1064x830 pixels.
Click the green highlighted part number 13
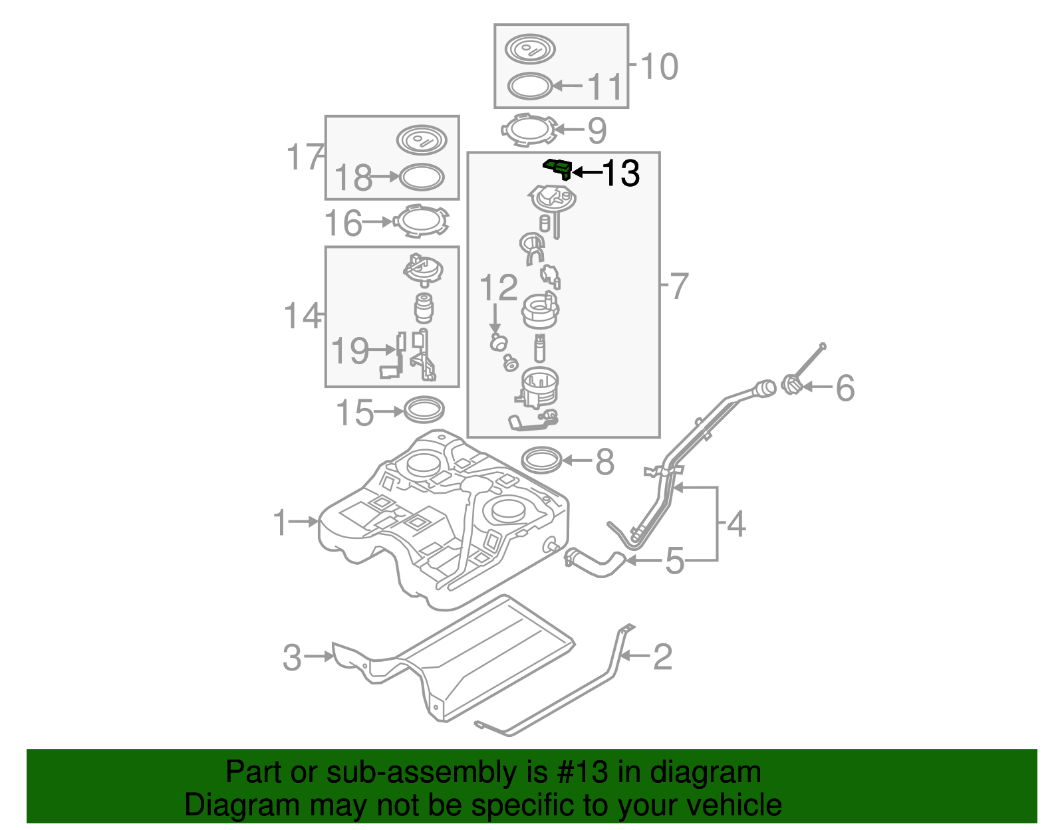558,168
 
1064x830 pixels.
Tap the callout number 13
620,173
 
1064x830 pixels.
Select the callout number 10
659,66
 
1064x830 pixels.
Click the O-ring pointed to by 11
530,86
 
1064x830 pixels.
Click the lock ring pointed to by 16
421,222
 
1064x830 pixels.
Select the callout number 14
301,316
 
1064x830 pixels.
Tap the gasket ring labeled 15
424,409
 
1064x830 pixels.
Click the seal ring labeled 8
541,460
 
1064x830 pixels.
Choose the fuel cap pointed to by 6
791,385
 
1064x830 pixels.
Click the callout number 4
736,524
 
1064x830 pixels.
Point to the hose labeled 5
594,564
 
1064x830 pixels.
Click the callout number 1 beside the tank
281,522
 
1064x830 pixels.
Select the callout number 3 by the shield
292,657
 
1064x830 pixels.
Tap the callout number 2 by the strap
663,657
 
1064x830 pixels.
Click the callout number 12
498,288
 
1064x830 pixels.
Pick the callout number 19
350,350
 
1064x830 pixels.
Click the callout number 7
679,286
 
